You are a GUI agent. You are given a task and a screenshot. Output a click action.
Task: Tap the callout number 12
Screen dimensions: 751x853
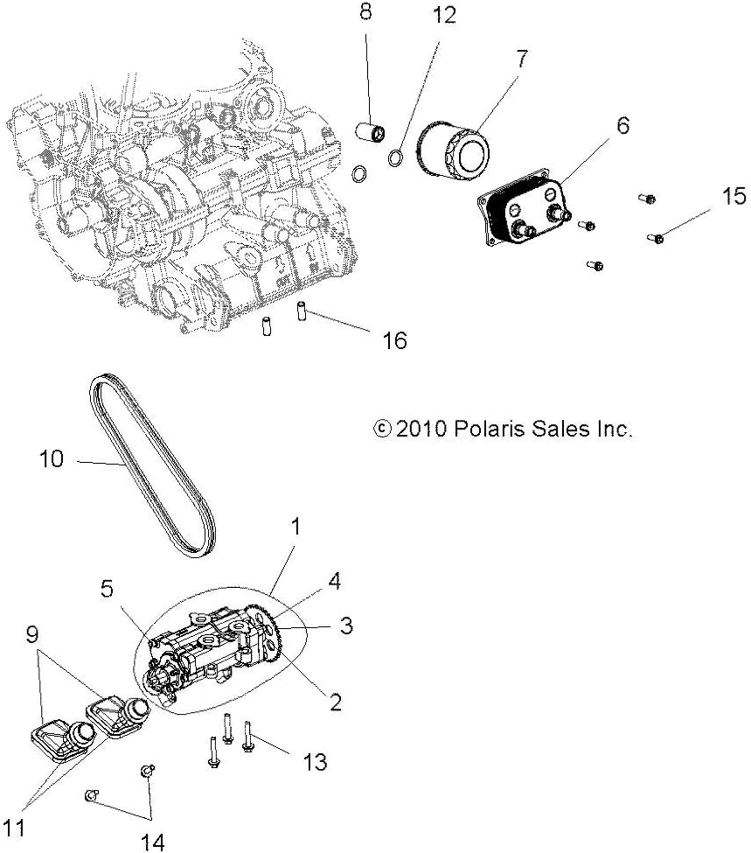click(x=444, y=15)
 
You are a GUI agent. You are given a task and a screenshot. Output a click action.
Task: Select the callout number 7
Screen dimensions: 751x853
click(x=522, y=59)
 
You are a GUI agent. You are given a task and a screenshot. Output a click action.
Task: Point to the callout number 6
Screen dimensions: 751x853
click(x=622, y=125)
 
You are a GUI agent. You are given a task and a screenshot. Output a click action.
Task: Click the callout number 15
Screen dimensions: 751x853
click(x=734, y=196)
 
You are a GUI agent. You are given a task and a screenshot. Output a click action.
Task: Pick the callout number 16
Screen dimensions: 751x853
click(x=395, y=340)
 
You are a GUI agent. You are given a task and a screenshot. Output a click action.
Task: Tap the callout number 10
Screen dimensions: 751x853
click(x=52, y=458)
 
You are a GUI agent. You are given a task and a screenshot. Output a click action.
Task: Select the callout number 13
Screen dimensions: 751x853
click(x=315, y=762)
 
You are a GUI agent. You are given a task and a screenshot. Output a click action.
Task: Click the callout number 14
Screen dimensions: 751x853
click(x=153, y=843)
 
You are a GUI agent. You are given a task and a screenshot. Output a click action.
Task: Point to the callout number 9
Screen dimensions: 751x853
click(x=32, y=634)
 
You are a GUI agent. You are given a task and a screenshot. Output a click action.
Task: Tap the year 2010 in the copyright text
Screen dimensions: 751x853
click(x=421, y=429)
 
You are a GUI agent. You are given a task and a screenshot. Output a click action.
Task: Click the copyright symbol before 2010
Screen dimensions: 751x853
click(x=382, y=429)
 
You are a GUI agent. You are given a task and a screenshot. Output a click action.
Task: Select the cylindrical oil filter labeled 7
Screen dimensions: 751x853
click(x=453, y=151)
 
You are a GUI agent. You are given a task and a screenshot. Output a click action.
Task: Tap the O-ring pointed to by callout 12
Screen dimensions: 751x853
click(x=396, y=157)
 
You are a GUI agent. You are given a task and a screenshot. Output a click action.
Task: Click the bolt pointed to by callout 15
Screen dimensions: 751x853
click(x=657, y=238)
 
